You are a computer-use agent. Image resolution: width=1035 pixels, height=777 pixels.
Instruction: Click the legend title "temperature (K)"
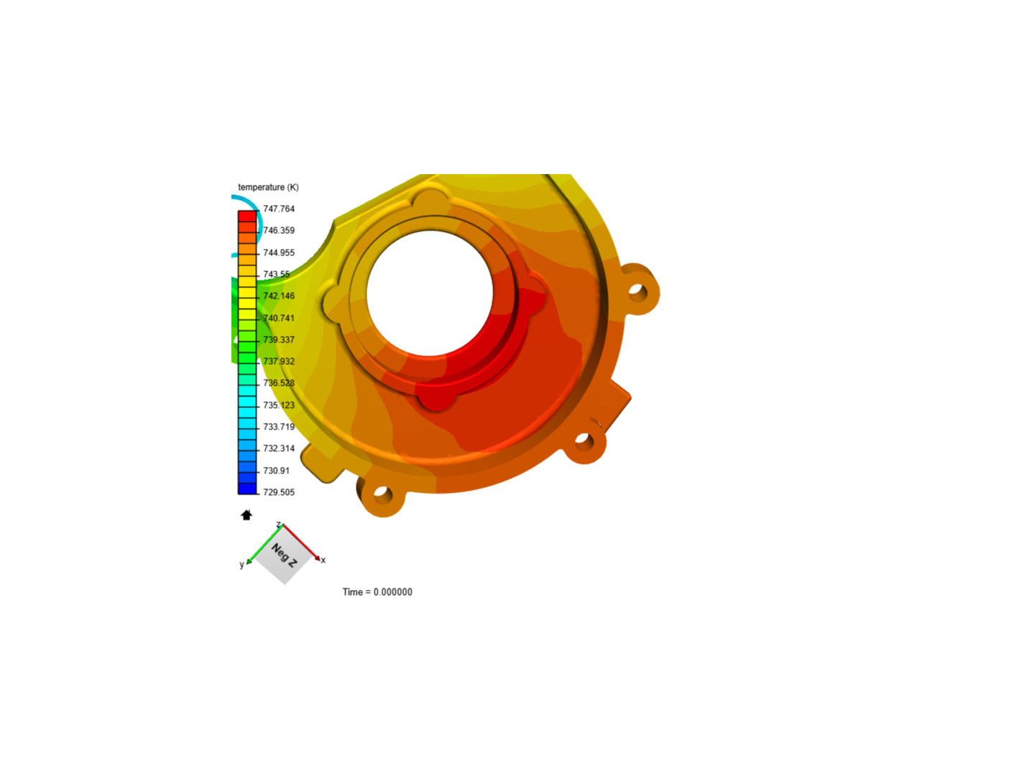[x=268, y=187]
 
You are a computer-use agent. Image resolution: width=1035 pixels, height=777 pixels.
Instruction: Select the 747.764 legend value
[x=279, y=209]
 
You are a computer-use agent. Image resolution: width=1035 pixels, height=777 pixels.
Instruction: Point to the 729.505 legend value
[x=279, y=492]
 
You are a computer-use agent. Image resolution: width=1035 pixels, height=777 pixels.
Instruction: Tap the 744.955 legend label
[x=279, y=253]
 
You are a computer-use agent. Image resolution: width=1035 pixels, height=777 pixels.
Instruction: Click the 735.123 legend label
[x=279, y=405]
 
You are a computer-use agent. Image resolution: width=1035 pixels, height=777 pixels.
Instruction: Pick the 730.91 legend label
[x=276, y=471]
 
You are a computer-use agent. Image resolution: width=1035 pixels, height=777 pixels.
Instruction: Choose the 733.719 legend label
[x=279, y=427]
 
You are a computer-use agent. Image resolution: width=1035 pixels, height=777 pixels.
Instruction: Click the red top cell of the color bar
[x=247, y=216]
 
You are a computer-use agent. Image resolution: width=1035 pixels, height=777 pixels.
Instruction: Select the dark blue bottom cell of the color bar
[x=247, y=489]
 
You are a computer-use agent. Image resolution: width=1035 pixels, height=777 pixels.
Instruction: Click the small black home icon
[x=247, y=515]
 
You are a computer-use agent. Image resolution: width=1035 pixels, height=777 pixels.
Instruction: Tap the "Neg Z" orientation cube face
[x=284, y=555]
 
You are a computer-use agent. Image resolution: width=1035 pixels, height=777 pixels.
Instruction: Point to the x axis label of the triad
[x=323, y=560]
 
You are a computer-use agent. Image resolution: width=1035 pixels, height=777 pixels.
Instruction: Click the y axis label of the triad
[x=241, y=565]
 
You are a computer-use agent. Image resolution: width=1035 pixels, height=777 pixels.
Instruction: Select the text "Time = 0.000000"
[x=377, y=592]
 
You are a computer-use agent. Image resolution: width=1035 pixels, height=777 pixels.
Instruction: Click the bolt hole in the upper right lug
[x=636, y=291]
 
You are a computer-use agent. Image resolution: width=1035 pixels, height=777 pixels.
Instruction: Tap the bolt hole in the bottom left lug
[x=382, y=494]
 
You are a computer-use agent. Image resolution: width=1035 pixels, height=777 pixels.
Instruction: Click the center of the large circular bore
[x=430, y=293]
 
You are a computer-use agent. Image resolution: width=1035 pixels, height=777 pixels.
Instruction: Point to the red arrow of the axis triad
[x=302, y=542]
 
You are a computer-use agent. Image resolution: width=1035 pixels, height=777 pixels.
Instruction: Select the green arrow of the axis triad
[x=263, y=545]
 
